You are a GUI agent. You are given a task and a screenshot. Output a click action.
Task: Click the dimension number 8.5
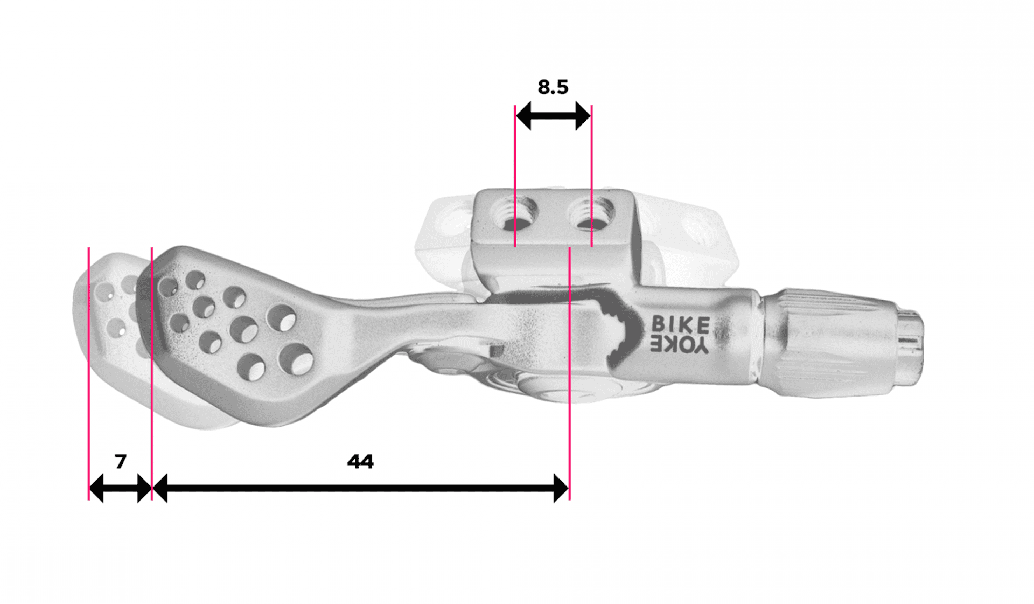553,87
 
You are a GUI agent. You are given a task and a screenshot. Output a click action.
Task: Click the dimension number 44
360,461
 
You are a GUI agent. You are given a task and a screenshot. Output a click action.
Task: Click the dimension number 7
121,461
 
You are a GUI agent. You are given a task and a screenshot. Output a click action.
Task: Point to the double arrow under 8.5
553,115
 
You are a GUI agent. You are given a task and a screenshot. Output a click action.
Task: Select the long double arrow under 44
360,488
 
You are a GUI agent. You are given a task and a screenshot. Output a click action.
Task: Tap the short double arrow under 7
121,488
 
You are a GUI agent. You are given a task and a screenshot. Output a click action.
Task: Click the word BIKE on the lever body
681,324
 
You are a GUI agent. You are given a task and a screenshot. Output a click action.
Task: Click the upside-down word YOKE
680,345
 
